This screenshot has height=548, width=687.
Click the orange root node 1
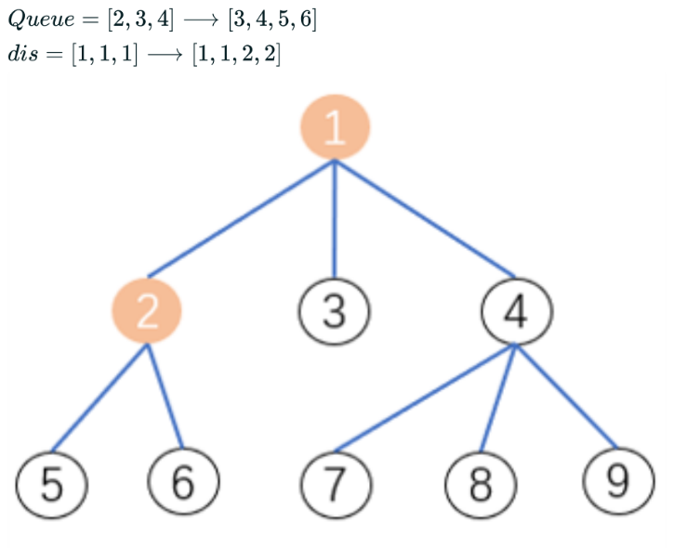pos(335,127)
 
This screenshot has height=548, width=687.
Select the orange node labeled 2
pos(147,312)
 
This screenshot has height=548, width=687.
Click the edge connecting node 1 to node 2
pos(242,218)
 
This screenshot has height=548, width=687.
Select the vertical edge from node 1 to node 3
pos(335,218)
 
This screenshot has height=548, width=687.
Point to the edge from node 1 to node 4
pos(425,218)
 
